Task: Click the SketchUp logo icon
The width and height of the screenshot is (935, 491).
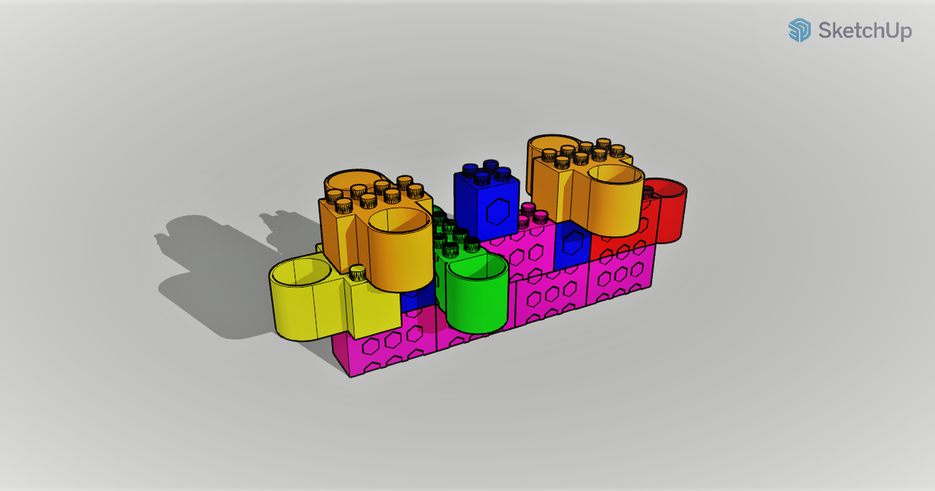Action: (x=799, y=30)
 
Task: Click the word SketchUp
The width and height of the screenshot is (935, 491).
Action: (x=864, y=31)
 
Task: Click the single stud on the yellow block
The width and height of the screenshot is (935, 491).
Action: (x=357, y=273)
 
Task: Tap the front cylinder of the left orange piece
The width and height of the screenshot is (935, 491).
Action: (x=398, y=249)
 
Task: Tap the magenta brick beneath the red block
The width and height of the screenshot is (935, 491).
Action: (x=620, y=276)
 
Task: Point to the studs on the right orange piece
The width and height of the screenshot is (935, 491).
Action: (x=588, y=154)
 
